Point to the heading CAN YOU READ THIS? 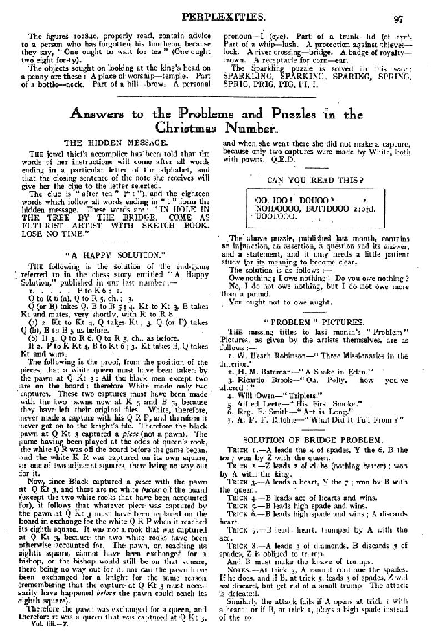click(315, 180)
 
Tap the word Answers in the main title click(101, 114)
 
